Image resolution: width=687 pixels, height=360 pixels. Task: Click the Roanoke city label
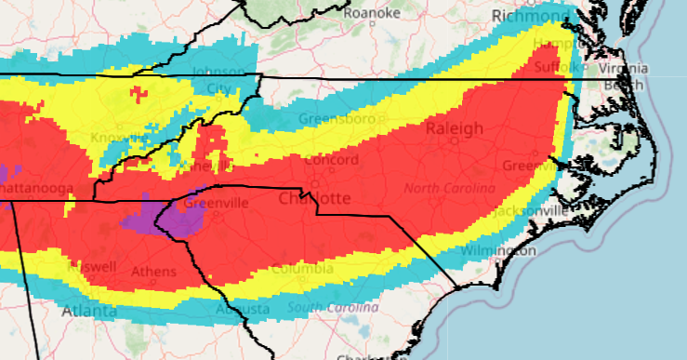(x=372, y=13)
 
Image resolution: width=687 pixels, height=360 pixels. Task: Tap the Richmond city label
(x=528, y=16)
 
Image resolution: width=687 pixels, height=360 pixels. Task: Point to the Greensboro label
(x=349, y=119)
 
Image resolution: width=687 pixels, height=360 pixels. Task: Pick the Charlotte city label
(x=315, y=199)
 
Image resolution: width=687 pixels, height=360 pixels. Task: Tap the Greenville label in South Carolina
(x=213, y=203)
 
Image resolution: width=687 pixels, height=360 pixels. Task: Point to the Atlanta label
(x=89, y=312)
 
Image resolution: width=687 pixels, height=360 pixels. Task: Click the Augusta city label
(x=242, y=308)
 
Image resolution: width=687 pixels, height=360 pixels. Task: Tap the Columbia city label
(x=305, y=269)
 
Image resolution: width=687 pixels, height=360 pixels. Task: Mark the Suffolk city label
(x=559, y=67)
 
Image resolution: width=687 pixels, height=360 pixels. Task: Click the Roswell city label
(x=91, y=267)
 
